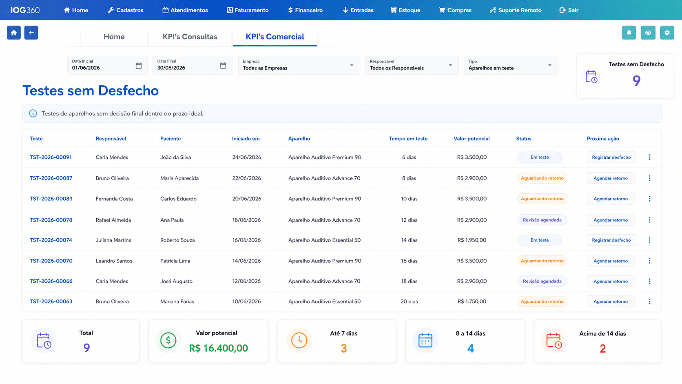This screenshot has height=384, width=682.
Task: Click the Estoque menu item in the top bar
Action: point(405,10)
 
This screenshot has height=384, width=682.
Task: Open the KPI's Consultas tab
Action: point(190,37)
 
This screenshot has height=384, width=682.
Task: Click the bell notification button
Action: point(629,33)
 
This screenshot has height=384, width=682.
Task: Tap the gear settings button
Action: point(667,33)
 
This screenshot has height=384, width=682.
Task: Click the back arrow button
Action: point(31,33)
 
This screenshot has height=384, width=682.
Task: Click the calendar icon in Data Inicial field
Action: point(139,65)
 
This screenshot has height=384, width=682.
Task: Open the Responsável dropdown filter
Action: point(412,65)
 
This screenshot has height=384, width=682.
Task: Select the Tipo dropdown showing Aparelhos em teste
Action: point(511,65)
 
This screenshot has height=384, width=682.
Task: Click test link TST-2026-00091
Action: point(51,157)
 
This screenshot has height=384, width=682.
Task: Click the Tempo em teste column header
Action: point(408,139)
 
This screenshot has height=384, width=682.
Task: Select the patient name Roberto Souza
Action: point(177,240)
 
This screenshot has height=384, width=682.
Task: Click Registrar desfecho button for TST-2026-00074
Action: point(611,240)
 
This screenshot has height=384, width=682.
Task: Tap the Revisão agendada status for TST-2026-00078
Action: point(542,220)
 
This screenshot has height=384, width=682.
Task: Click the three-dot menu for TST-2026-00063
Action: point(649,302)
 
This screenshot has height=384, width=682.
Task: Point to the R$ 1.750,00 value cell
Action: point(472,302)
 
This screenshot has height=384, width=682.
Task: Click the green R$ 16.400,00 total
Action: point(218,348)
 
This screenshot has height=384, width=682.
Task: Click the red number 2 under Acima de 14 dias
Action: point(602,348)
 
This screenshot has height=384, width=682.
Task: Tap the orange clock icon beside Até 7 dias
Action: point(299,340)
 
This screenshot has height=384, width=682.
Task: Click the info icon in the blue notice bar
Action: point(33,113)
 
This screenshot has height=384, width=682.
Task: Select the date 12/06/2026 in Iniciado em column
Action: point(246,281)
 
